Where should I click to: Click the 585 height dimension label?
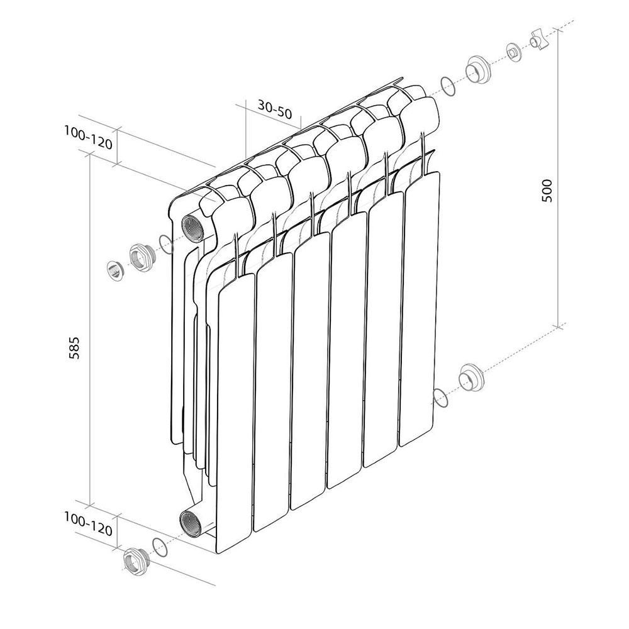point(75,347)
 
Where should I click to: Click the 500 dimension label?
point(547,191)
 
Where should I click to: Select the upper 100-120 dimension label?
point(88,138)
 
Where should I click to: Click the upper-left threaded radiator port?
point(192,228)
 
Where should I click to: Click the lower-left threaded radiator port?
point(191,523)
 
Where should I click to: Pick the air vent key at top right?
point(539,41)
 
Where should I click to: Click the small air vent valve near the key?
point(513,53)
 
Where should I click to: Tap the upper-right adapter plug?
point(478,71)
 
